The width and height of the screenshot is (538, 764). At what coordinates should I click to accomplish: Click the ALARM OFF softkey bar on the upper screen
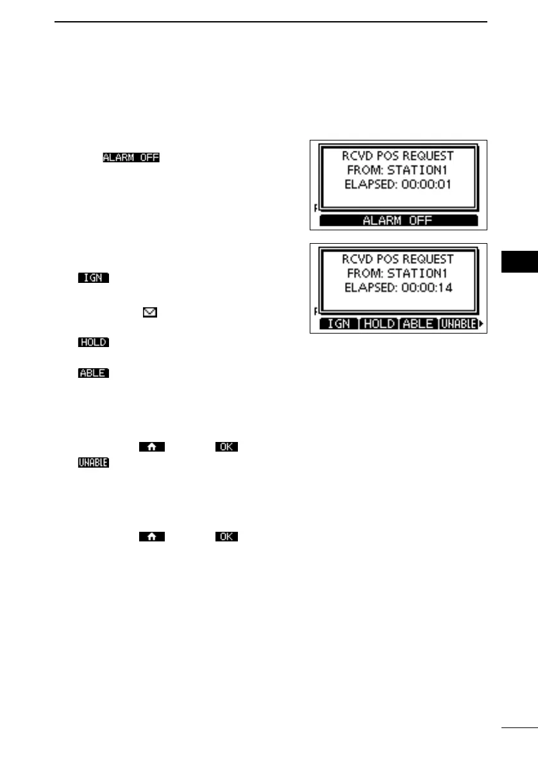pos(398,220)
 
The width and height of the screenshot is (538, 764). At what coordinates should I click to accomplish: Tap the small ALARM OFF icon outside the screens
pos(131,157)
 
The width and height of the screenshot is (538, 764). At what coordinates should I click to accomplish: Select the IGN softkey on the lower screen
pos(339,324)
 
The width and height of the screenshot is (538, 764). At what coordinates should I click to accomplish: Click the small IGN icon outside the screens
pos(93,278)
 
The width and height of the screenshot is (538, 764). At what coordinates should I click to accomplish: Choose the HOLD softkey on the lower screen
pos(378,324)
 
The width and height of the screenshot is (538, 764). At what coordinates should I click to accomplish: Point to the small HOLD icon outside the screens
pos(93,343)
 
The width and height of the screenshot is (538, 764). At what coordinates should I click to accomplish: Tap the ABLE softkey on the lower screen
pos(417,324)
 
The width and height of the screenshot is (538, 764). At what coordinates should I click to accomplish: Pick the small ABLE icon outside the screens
pos(93,373)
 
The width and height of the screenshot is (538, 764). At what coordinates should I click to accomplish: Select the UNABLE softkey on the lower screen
pos(458,324)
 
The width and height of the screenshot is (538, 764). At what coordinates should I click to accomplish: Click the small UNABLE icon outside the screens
pos(93,462)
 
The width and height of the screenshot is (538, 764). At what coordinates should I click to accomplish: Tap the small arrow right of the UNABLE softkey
pos(482,324)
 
